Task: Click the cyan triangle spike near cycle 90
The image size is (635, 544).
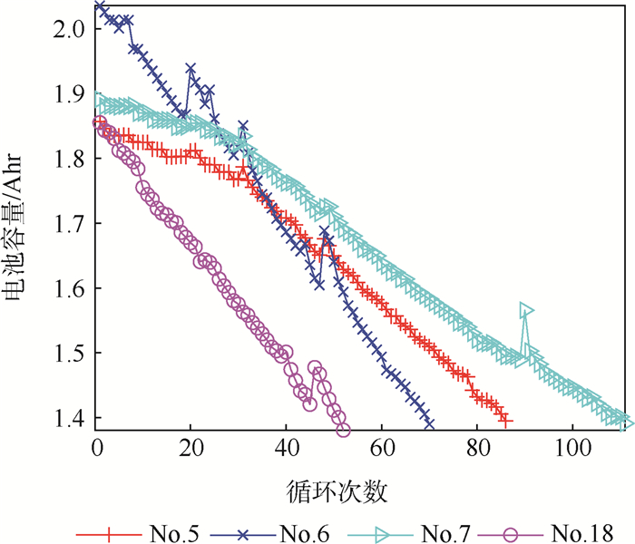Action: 526,312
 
